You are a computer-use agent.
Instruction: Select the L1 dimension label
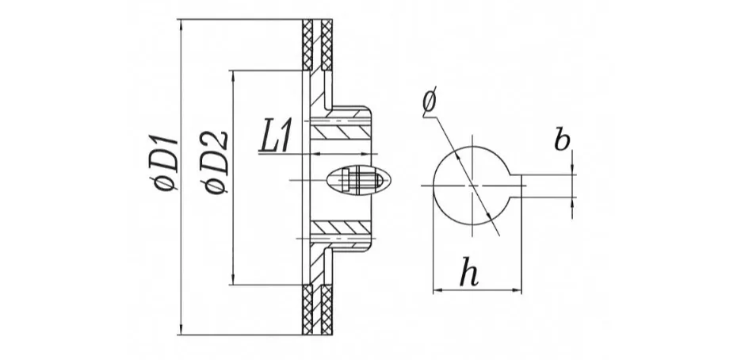pos(276,136)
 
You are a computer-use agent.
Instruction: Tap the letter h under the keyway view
pos(468,271)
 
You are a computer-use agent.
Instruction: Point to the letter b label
pos(562,140)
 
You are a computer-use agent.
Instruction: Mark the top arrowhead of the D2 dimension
pos(233,76)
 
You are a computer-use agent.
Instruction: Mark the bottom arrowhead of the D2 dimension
pos(233,279)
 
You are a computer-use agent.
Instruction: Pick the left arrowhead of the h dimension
pos(438,291)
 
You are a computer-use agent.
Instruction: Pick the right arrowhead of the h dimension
pos(516,291)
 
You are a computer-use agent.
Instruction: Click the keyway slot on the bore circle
pos(516,186)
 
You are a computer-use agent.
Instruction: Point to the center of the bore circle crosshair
pos(473,186)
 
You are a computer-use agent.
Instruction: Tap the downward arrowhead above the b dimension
pos(572,169)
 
